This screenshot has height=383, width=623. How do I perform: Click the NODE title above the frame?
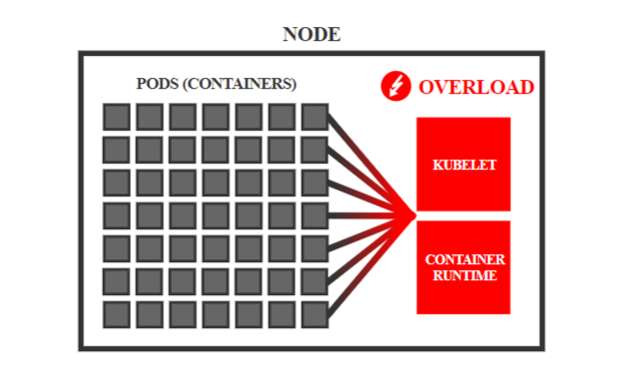[311, 34]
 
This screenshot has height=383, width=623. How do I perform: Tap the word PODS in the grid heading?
[158, 84]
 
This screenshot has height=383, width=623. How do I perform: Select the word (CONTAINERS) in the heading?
[240, 84]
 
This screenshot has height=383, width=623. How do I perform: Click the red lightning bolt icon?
[395, 86]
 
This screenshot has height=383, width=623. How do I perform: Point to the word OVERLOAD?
[476, 88]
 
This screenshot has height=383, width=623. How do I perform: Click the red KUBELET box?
[463, 164]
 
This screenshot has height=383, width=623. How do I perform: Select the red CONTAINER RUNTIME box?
[463, 267]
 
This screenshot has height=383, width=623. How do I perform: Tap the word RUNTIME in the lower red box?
[465, 275]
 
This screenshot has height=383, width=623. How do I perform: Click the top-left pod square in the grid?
[117, 117]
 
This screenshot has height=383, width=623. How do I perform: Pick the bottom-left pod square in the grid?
[117, 315]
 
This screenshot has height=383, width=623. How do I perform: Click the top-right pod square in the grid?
[314, 117]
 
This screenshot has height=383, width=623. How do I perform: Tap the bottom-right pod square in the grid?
[314, 315]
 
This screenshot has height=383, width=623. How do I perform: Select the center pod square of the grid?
[216, 215]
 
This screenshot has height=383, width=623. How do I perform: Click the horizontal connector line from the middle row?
[371, 215]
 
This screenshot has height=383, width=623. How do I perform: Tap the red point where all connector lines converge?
[412, 215]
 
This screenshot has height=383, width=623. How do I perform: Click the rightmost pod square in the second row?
[314, 150]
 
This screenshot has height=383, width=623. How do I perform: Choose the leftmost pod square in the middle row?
[117, 215]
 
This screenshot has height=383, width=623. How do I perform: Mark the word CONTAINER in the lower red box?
[465, 259]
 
